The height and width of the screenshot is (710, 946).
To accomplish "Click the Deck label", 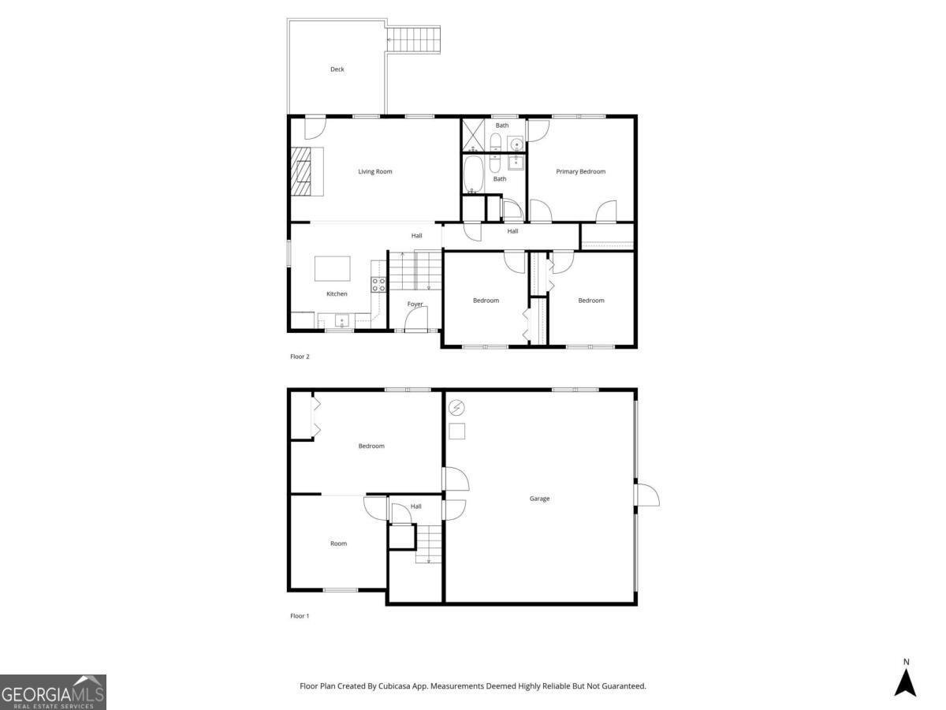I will pos(337,69).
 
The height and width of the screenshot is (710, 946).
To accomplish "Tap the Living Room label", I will pos(375,171).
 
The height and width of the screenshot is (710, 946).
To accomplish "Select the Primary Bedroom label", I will pos(581,171).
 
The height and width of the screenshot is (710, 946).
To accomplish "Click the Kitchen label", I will pos(337,294).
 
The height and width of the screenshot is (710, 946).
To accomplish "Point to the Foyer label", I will pos(415,304).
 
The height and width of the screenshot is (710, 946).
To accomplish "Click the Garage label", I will pos(539,499).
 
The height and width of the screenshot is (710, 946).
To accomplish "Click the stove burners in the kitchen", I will pos(379,285).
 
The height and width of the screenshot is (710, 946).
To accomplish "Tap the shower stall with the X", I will pos(473,135).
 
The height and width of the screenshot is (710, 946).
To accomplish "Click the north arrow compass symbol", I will pos(906,679).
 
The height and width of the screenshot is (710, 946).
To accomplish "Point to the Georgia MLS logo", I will pos(53,692).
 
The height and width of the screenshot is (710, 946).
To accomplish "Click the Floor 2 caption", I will pos(300,357).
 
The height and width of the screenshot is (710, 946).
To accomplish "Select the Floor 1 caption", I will pos(300,616).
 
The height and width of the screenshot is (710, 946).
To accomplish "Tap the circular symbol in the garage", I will pos(457,408).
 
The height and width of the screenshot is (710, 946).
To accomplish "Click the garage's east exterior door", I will pos(647,495).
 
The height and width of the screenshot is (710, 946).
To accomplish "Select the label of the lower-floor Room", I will pos(338,544).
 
